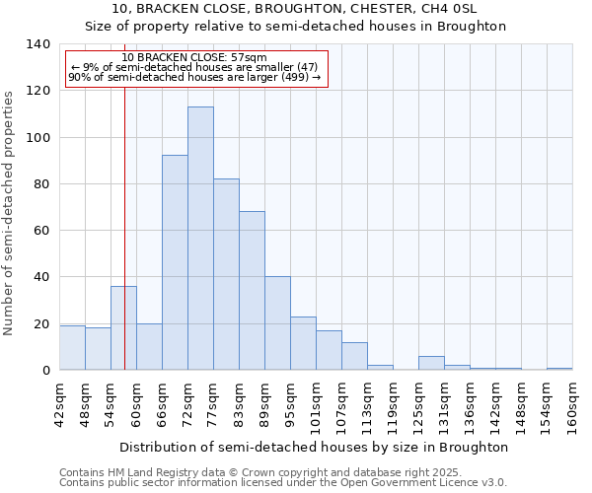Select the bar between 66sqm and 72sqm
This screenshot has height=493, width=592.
(175, 262)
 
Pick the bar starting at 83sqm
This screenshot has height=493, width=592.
(252, 291)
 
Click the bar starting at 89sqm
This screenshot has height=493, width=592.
(277, 323)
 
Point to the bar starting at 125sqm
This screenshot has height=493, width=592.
(431, 363)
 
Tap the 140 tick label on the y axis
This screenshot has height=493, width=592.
(37, 44)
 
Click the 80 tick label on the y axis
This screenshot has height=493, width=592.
(40, 184)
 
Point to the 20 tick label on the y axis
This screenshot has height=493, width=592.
(40, 324)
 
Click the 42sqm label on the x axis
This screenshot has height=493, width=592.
(60, 405)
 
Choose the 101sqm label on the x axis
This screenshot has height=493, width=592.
(317, 405)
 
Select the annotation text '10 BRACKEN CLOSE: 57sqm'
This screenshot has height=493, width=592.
(194, 58)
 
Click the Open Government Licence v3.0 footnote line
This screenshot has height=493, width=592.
(283, 483)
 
